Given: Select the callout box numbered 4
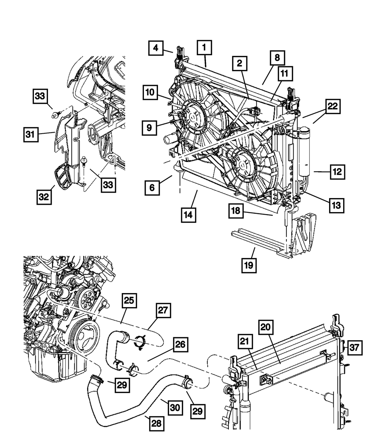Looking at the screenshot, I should click(156, 48).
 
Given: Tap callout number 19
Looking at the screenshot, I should click(249, 264).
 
